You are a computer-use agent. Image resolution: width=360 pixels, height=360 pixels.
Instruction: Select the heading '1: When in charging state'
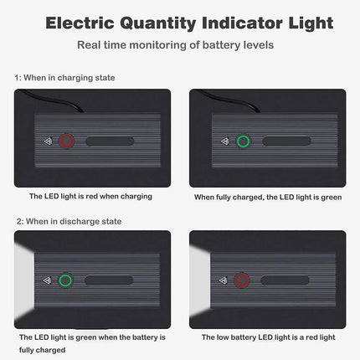point(64,78)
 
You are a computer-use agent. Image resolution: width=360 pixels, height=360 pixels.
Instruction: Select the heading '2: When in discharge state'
point(68,221)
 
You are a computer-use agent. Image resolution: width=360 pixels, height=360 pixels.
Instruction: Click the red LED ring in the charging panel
point(66,141)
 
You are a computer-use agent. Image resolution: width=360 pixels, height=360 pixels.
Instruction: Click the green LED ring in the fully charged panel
point(244,141)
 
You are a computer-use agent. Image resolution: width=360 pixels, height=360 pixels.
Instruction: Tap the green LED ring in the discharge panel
point(66,281)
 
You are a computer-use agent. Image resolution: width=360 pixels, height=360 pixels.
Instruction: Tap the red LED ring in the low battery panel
point(243,281)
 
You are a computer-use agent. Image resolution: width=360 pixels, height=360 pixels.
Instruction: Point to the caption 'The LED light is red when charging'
point(90,196)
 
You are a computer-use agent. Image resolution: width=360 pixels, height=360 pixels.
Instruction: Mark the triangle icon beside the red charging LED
point(49,141)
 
